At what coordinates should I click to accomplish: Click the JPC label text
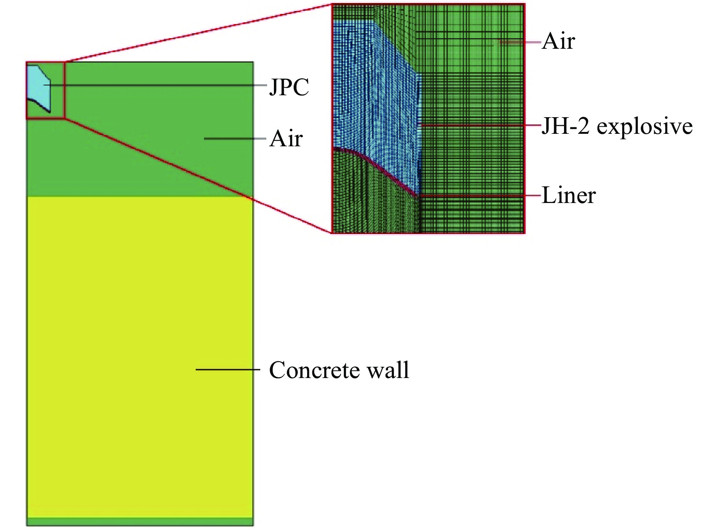tap(289, 87)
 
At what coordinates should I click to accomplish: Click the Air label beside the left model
tap(286, 139)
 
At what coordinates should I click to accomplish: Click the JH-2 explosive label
tap(617, 126)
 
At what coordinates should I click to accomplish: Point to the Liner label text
tap(569, 195)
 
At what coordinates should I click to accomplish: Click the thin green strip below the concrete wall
tap(140, 522)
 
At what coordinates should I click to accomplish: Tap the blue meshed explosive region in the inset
tap(374, 95)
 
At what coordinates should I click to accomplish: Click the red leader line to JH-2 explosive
tap(480, 125)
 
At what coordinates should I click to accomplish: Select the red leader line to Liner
tap(480, 195)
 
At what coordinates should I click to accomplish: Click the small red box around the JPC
tap(65, 91)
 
